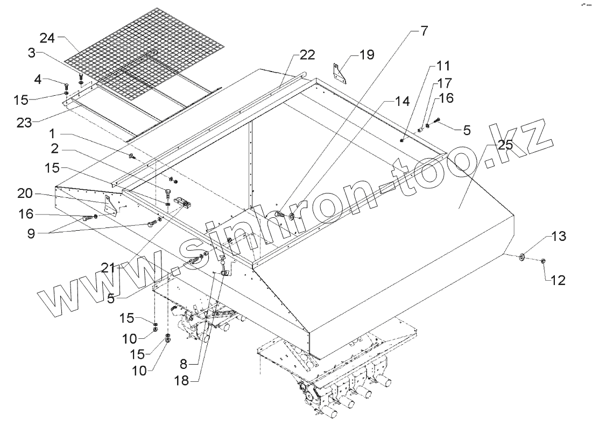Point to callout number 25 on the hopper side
tap(505, 145)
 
